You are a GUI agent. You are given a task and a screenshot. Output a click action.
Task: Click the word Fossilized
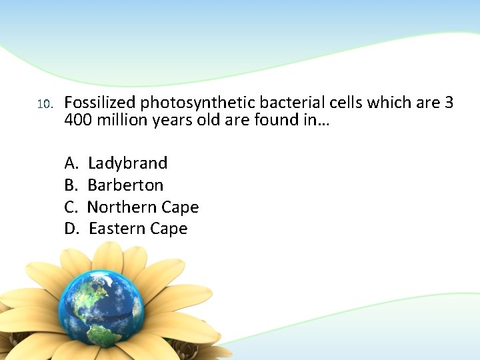(100, 103)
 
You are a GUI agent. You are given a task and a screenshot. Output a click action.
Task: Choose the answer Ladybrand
(127, 163)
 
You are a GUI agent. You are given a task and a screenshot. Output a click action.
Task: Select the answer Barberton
(125, 185)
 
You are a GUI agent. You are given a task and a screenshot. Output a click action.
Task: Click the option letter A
(71, 163)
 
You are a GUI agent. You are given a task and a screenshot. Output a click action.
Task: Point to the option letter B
(70, 185)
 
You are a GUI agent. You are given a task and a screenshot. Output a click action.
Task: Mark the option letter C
(70, 207)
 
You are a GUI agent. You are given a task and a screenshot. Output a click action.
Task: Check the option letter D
(71, 229)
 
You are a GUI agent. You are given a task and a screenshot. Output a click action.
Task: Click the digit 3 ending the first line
(449, 103)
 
